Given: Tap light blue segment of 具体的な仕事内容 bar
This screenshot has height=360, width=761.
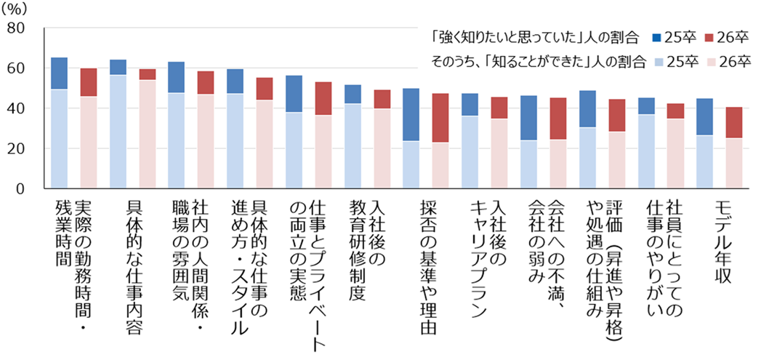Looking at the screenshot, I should coord(118,132).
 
